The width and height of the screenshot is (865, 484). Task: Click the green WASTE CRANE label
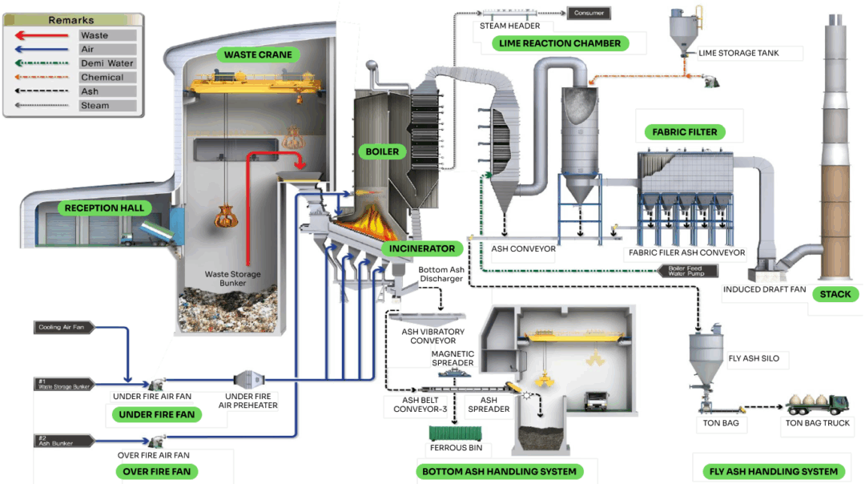tap(251, 54)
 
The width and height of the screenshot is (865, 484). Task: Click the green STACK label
tap(835, 294)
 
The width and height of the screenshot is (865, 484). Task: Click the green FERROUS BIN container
tap(456, 434)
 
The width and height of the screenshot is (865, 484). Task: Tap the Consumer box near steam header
tap(589, 13)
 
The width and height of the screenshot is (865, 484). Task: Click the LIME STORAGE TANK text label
tap(738, 54)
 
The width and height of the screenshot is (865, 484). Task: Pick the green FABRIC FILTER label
tap(685, 131)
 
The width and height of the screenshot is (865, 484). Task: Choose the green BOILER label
tap(382, 151)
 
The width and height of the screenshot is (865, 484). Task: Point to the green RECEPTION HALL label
tap(105, 208)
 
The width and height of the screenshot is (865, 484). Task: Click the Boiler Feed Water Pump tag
tap(685, 270)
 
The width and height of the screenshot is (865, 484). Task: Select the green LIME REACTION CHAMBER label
tap(560, 43)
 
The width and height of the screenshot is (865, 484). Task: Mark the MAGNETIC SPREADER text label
tap(453, 358)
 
